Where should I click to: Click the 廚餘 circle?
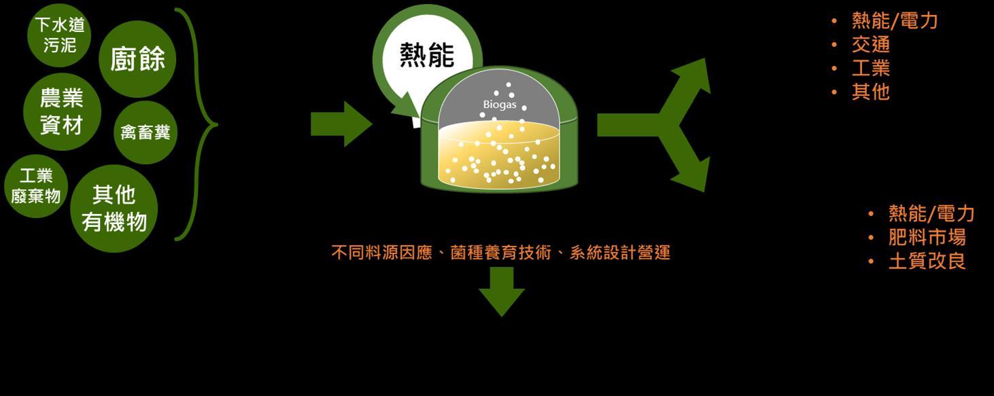point(137,59)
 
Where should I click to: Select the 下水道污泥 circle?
point(60,35)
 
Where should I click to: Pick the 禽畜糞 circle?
point(145,132)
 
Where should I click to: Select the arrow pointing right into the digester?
point(341,124)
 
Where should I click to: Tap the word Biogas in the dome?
point(500,105)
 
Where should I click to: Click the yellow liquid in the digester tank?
point(500,160)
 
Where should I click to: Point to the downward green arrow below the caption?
point(502,290)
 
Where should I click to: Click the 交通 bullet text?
point(870,45)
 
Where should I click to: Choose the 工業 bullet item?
point(870,68)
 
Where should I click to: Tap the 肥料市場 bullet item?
point(927,237)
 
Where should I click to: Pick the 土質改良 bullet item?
point(927,261)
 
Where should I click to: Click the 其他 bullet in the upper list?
point(870,92)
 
